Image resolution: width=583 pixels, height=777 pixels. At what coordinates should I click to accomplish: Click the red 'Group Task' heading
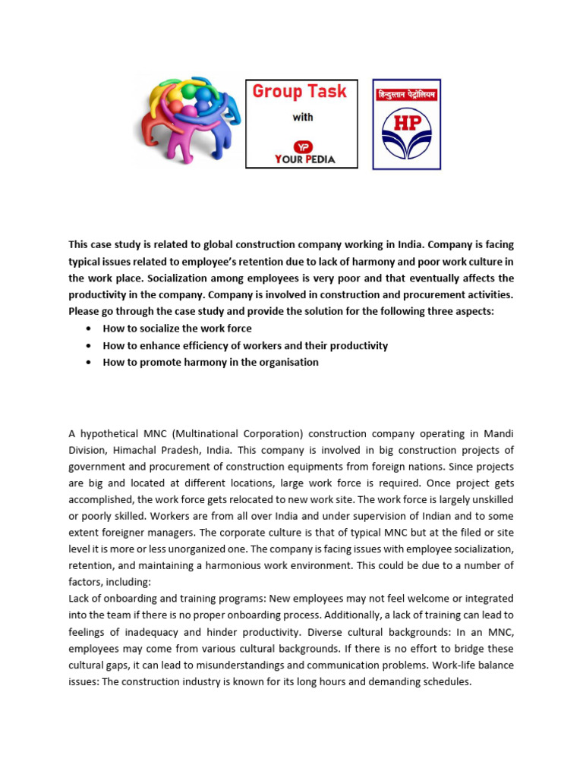point(299,92)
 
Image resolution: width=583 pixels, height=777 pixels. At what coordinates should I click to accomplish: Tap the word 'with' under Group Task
point(302,118)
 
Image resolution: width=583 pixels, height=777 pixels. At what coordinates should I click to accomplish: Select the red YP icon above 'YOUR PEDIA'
point(302,146)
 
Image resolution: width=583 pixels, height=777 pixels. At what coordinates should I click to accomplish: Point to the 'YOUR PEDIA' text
point(302,160)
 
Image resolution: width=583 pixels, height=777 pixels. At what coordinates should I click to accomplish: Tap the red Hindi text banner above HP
point(406,96)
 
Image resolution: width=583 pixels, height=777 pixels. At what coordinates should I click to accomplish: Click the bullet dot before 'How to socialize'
point(90,329)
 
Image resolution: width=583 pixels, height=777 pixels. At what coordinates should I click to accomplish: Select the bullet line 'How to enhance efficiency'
point(245,345)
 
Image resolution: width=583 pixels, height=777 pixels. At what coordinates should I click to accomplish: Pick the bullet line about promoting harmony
point(210,362)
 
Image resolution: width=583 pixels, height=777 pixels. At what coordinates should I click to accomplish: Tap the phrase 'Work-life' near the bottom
point(463,665)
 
